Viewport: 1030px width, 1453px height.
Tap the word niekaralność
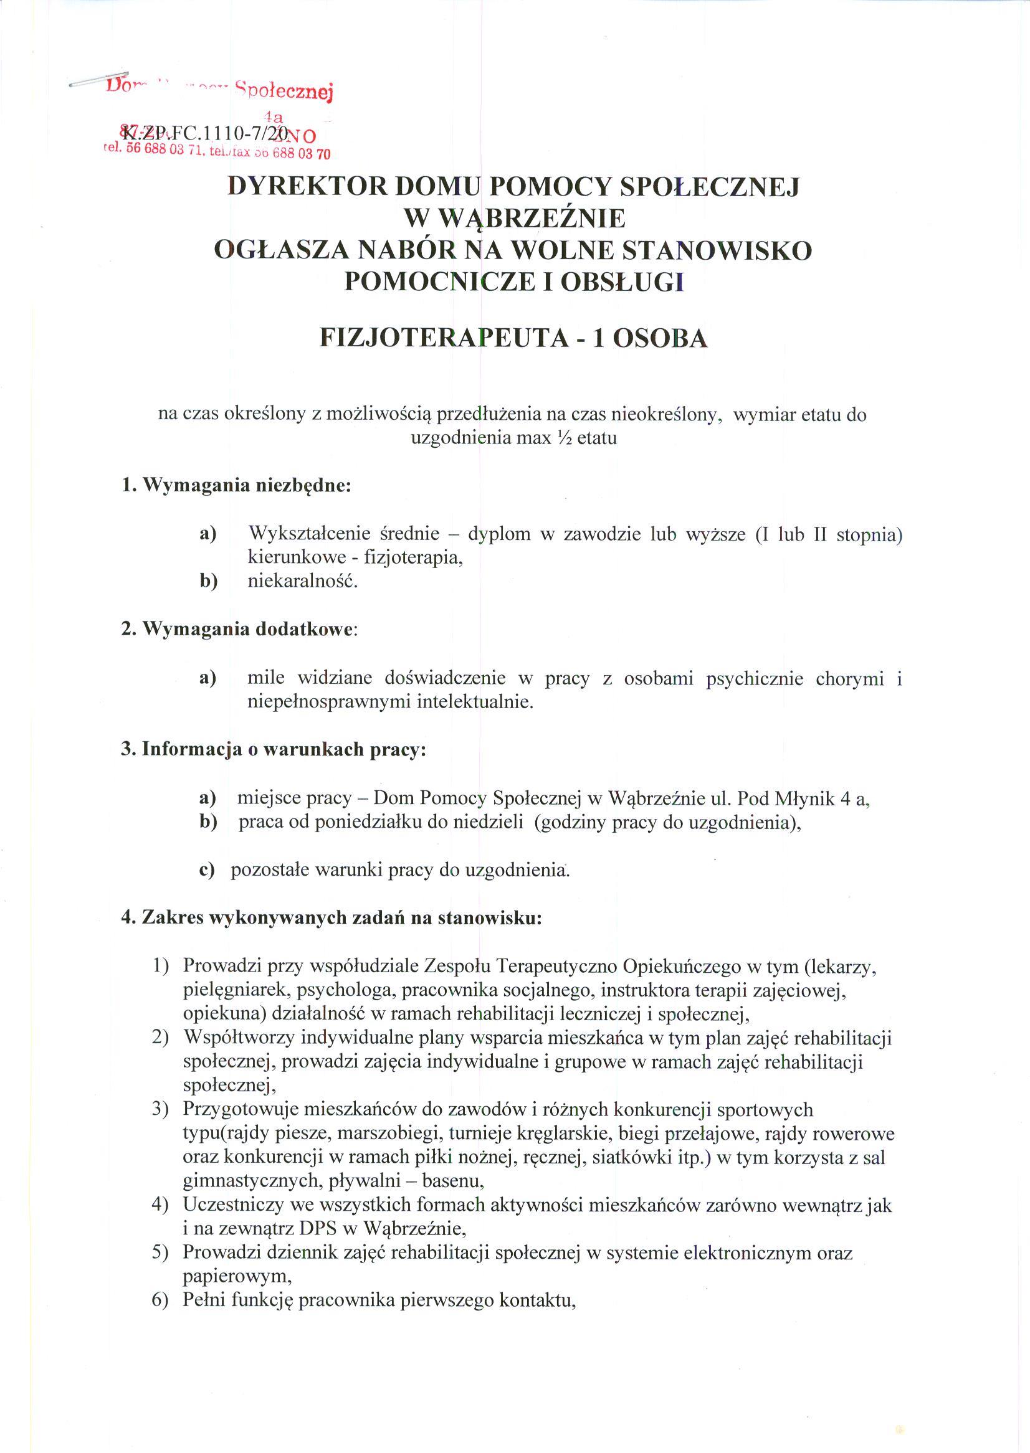pos(303,581)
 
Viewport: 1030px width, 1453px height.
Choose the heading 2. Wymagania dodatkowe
pos(240,630)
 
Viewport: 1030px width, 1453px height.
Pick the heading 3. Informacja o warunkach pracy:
pos(274,749)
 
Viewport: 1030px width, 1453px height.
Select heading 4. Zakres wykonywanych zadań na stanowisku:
pos(331,917)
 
